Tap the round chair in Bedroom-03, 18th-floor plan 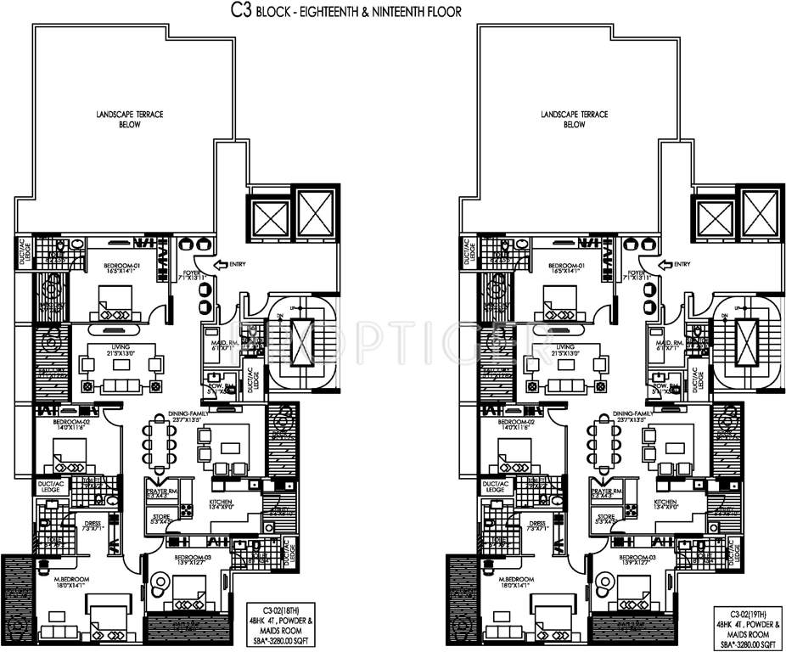(x=157, y=584)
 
